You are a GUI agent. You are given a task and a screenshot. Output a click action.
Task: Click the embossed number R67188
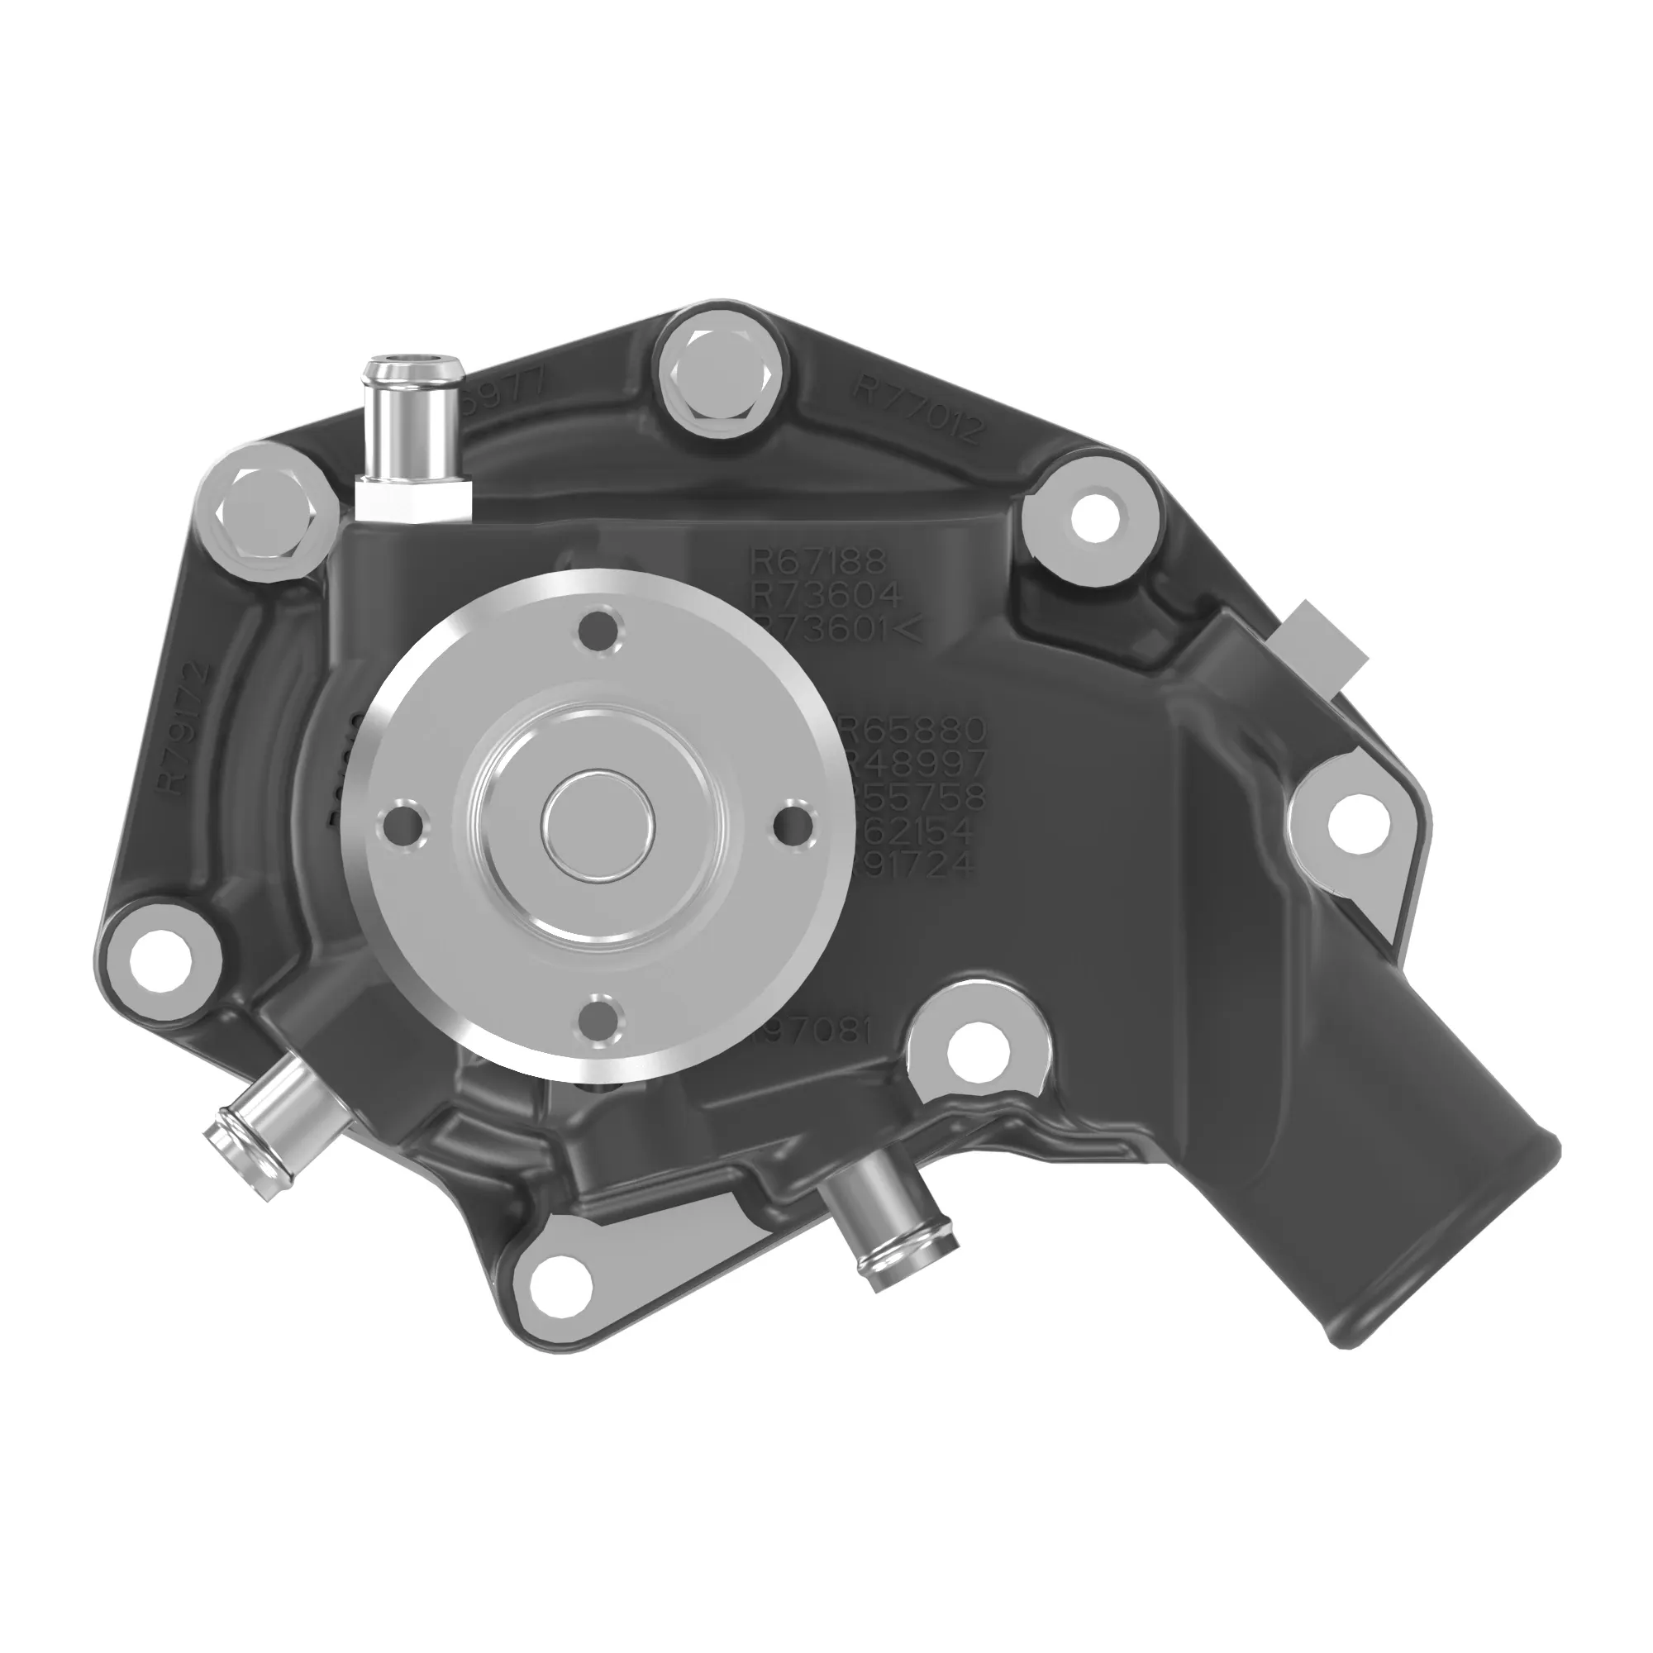(819, 561)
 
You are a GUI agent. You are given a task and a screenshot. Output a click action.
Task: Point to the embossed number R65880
(916, 730)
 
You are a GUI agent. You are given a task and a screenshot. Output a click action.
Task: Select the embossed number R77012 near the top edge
(920, 409)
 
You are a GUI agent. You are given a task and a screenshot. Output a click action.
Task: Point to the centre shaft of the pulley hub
(599, 826)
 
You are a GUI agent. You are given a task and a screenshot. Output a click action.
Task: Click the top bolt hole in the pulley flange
(599, 633)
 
